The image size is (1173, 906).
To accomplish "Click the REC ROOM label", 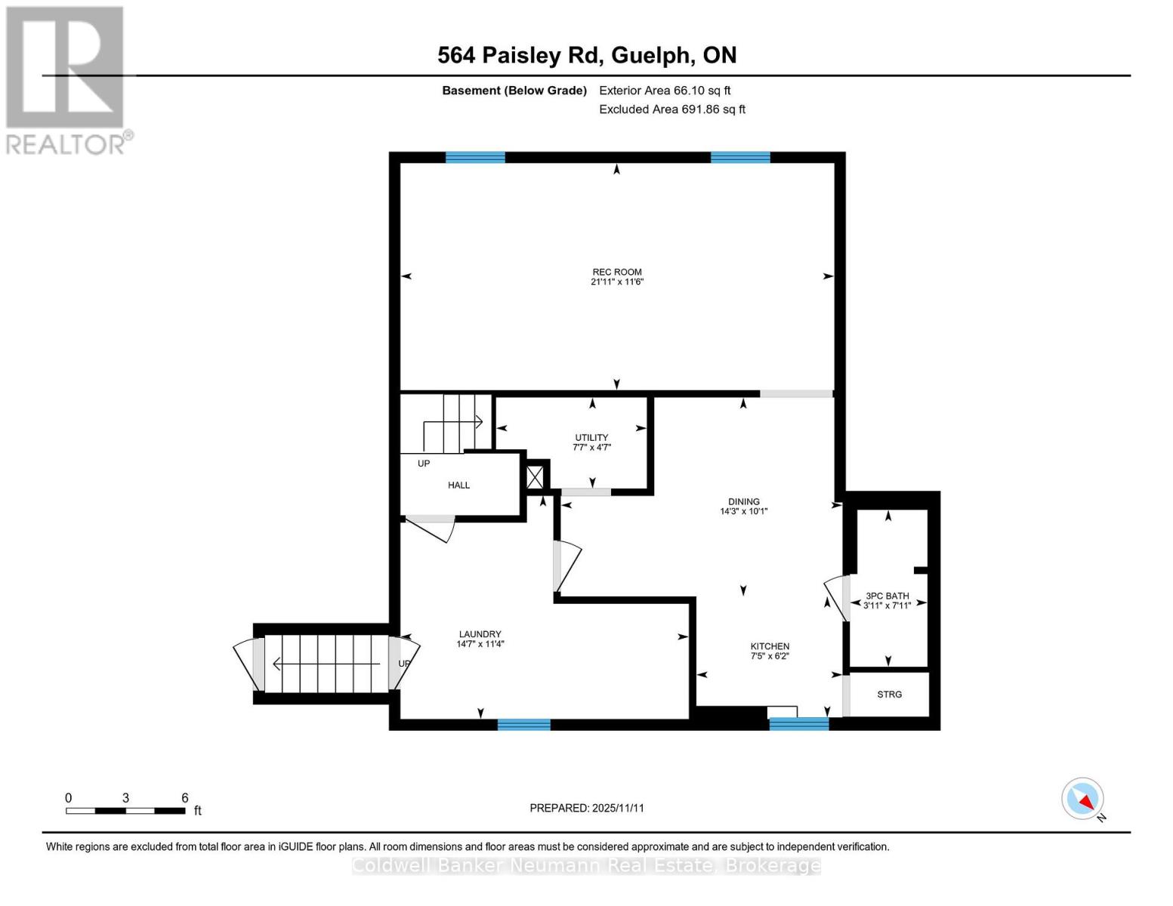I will click(x=616, y=272).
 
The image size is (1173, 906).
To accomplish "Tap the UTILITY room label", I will click(x=591, y=437).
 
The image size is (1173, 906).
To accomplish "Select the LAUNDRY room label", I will click(x=480, y=634).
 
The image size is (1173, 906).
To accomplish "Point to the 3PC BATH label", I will click(x=887, y=596).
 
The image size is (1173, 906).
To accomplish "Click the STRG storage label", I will click(x=889, y=694).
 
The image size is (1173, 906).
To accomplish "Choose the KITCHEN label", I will click(x=770, y=646).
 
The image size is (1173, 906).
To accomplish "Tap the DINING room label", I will click(x=743, y=501).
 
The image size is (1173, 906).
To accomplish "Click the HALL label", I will click(x=458, y=485).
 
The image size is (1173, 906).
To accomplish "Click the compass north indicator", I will click(x=1083, y=799).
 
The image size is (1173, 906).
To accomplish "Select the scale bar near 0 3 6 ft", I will click(x=125, y=811).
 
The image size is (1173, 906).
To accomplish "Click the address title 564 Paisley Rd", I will click(x=587, y=55).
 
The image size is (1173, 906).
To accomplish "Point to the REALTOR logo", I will click(x=66, y=79).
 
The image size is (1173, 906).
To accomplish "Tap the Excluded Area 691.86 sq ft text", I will click(x=671, y=109).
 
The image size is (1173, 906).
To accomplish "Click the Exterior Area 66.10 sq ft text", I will click(x=665, y=91).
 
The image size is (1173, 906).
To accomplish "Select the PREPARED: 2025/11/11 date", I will click(x=587, y=808).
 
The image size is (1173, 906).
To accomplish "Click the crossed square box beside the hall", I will click(x=535, y=476).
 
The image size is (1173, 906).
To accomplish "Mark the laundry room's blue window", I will click(x=523, y=725).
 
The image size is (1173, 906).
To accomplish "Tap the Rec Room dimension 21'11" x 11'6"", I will click(x=616, y=282).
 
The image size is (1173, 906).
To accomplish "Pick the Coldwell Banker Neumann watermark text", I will click(x=586, y=866).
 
